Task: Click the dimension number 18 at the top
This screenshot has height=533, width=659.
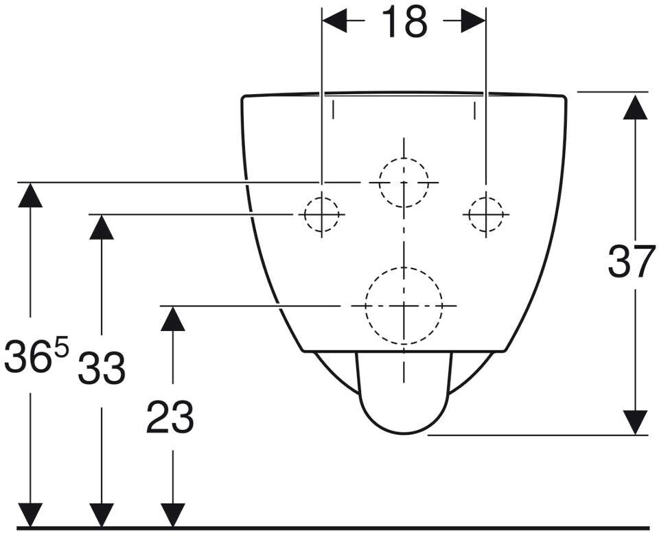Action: point(404,22)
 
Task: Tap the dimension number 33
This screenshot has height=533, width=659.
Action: point(102,369)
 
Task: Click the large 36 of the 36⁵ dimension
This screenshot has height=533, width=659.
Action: point(26,357)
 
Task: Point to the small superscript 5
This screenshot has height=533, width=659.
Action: point(61,348)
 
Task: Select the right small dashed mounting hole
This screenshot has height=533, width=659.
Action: point(485,214)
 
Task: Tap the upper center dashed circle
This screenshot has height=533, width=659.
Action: point(404,182)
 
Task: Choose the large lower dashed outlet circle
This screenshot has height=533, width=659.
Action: point(404,305)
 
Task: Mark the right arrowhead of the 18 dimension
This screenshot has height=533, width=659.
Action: point(474,22)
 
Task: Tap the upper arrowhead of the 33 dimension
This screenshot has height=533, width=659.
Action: point(102,227)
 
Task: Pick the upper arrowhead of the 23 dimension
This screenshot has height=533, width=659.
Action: point(172,318)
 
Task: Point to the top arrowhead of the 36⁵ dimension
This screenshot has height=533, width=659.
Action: point(30,195)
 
